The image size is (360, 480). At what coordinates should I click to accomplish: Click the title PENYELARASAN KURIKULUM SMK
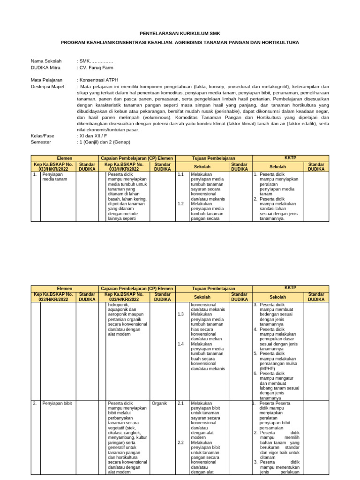(180, 33)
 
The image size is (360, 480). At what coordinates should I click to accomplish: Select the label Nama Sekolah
(45, 61)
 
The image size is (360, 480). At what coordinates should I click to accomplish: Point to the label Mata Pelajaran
(46, 80)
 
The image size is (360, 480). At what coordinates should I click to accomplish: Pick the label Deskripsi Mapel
(47, 87)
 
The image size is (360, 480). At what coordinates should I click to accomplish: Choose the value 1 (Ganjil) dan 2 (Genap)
(105, 142)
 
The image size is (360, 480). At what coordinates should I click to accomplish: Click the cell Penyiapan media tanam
(55, 176)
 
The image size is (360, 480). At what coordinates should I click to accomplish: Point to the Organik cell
(159, 403)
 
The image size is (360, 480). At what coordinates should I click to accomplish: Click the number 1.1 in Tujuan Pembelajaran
(181, 174)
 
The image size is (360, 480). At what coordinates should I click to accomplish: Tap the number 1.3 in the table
(181, 314)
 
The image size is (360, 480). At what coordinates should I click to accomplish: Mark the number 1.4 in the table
(181, 344)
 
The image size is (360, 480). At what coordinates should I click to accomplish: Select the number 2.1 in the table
(181, 403)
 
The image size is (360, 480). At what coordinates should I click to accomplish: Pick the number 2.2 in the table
(181, 442)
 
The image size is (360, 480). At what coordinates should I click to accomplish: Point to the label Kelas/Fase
(43, 136)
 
